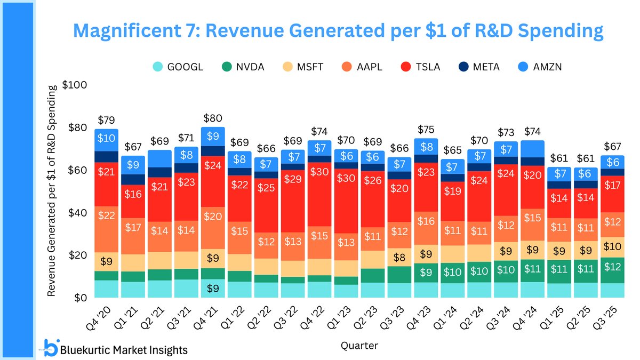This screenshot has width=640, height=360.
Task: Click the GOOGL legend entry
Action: (178, 67)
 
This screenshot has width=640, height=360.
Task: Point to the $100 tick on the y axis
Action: (74, 85)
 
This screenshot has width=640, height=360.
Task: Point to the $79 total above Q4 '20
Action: (107, 120)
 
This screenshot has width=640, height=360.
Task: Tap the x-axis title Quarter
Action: (359, 346)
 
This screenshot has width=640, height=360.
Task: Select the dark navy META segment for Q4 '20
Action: (107, 156)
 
